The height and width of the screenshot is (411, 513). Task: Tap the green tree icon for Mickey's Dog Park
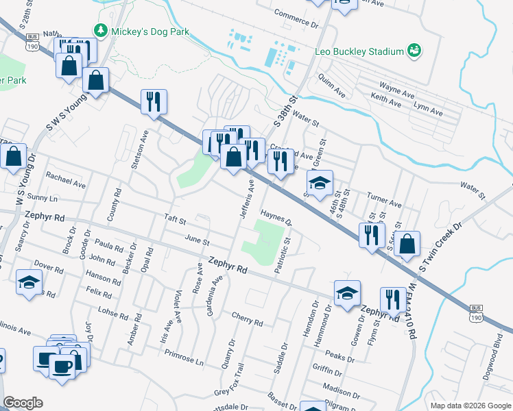pos(101,31)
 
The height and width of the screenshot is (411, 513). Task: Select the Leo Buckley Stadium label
pos(357,51)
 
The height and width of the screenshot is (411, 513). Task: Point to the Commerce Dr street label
pos(297,18)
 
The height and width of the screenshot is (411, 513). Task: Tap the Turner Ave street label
pos(384,199)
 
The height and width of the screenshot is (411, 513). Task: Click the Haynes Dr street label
pos(276,217)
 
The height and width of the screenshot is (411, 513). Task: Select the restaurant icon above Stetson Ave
pos(153,102)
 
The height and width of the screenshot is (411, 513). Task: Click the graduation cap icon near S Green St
pos(319,183)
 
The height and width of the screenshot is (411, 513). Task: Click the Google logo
pos(23,403)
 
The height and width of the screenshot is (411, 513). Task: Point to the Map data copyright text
pos(469,405)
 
